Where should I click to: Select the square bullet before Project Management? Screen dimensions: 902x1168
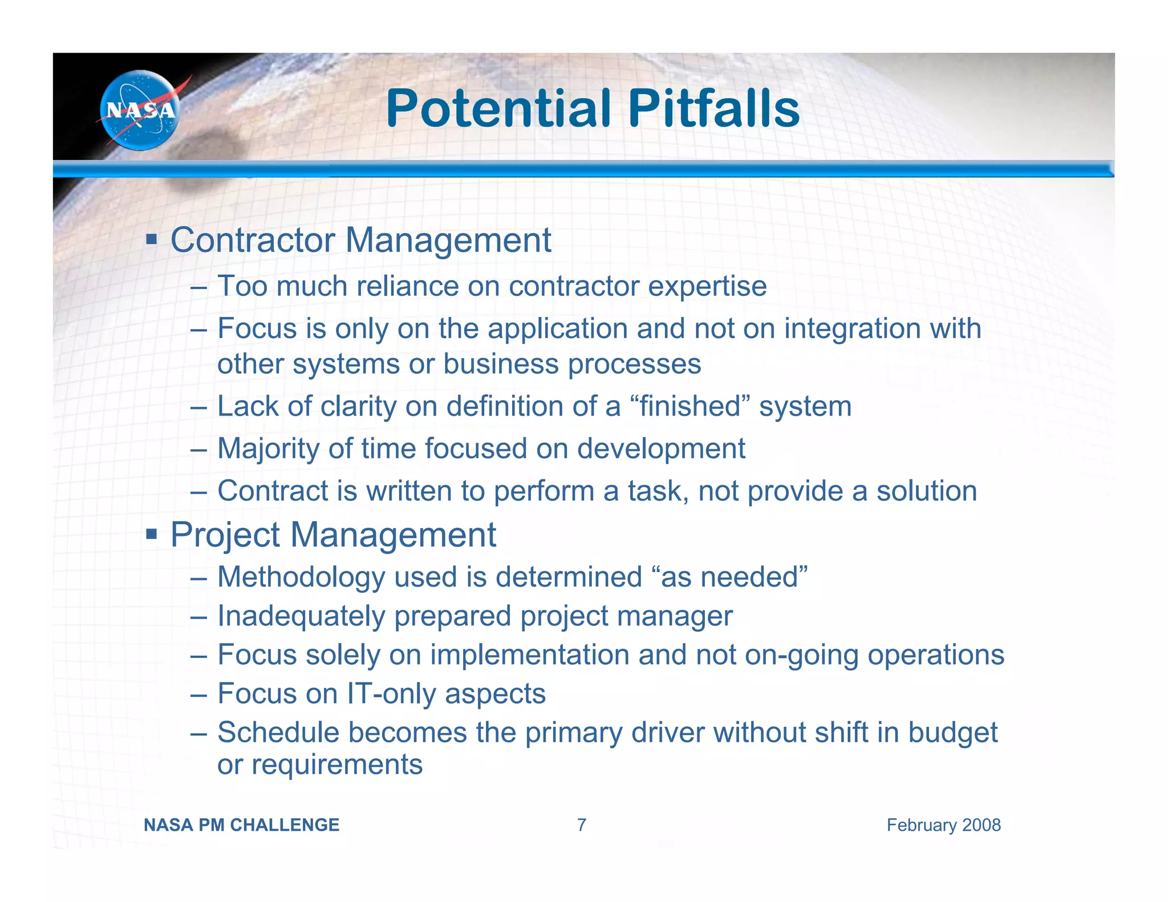151,534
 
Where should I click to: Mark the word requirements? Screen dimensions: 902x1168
336,765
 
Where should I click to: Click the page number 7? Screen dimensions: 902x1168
581,825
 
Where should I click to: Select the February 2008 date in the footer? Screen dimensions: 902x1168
943,825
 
